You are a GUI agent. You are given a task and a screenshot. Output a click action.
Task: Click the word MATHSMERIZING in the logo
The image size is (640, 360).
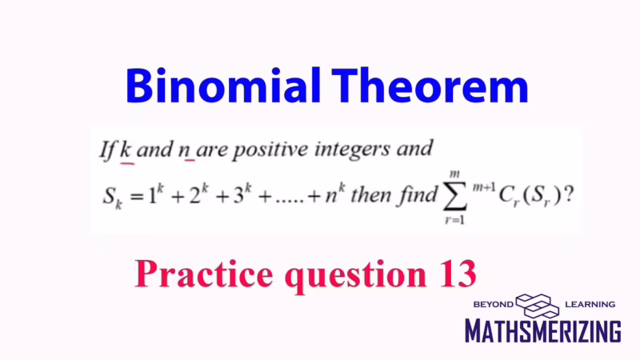[x=543, y=330]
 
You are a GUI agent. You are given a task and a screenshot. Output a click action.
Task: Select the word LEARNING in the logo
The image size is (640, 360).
[x=590, y=304]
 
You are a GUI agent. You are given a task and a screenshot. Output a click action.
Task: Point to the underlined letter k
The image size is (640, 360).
[x=126, y=149]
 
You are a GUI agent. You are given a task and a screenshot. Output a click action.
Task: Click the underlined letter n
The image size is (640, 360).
[x=190, y=150]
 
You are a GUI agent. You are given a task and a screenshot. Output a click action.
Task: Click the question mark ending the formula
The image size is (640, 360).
[x=568, y=195]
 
